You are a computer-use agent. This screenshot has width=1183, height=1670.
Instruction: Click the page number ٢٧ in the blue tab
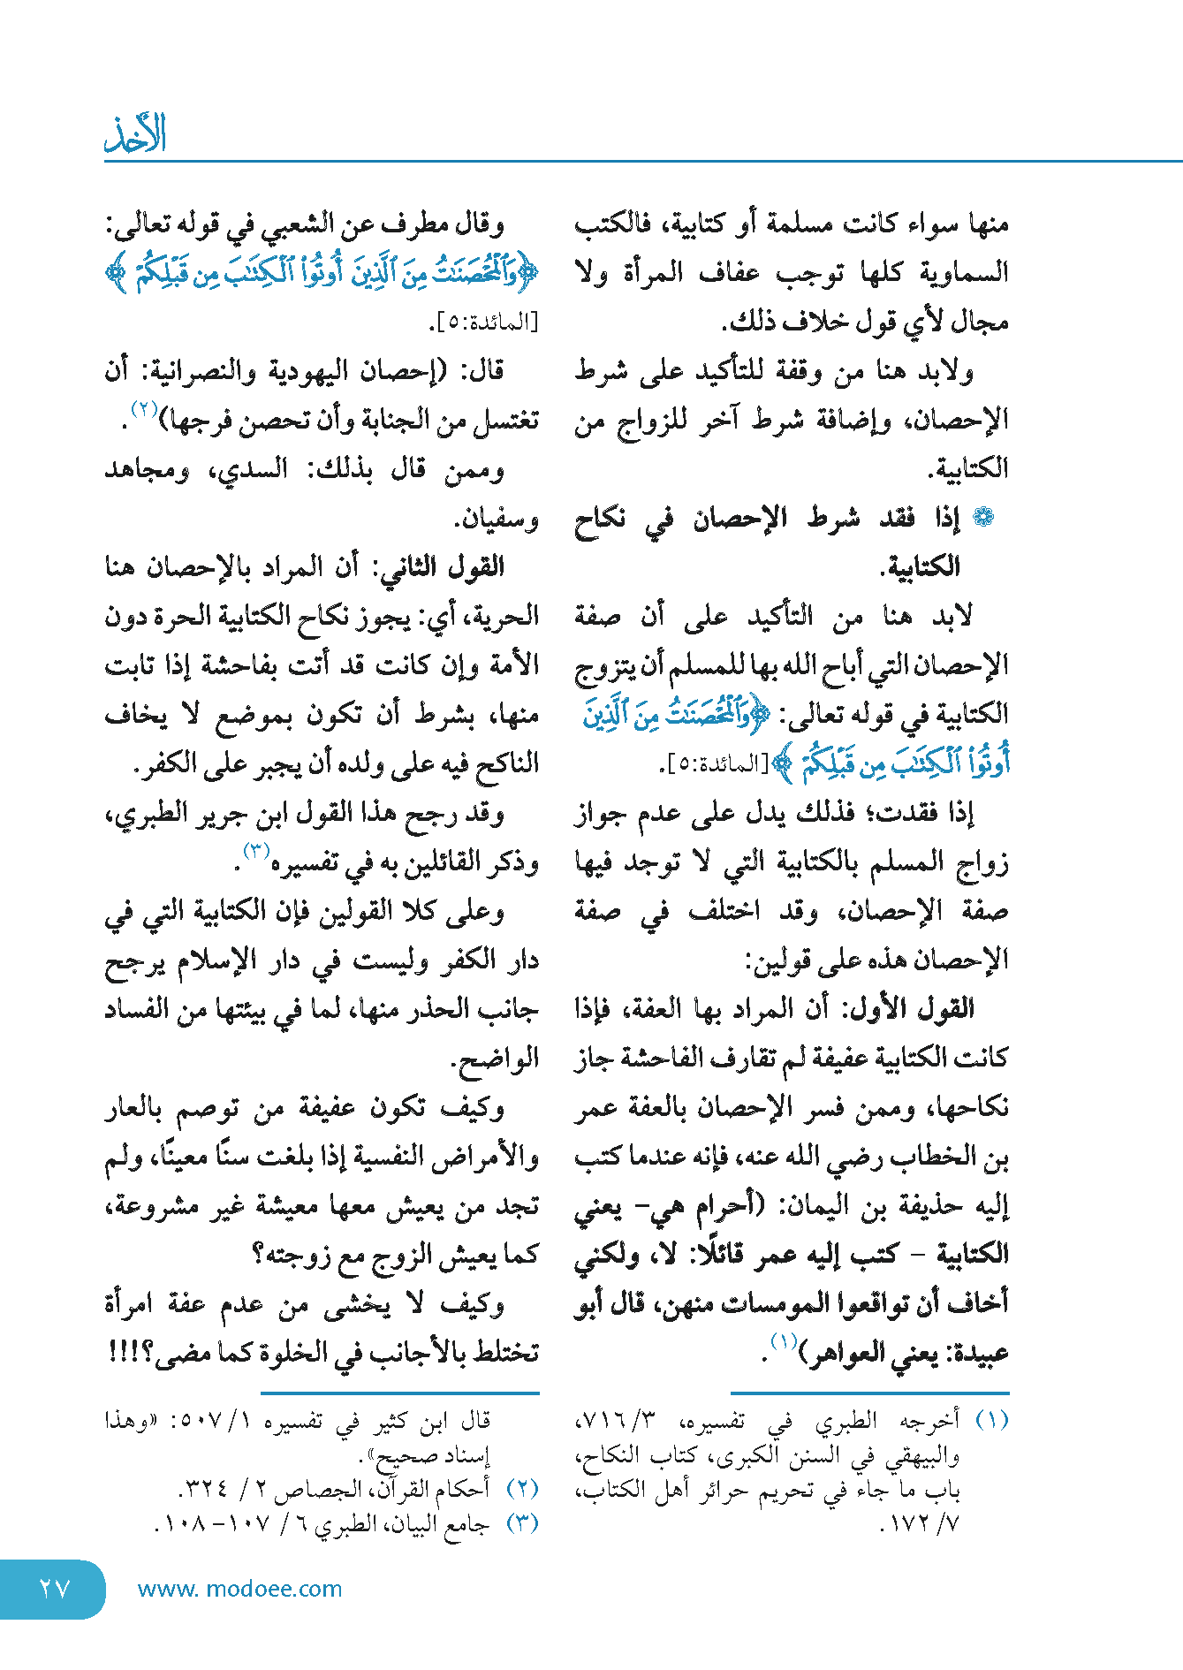[x=54, y=1589]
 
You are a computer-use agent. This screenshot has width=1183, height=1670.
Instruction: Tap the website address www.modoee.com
[x=239, y=1589]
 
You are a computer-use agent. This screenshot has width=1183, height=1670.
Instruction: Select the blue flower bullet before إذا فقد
[x=982, y=518]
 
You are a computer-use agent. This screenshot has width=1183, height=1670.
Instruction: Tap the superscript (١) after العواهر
[x=783, y=1341]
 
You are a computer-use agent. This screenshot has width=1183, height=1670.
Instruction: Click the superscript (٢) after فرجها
[x=143, y=408]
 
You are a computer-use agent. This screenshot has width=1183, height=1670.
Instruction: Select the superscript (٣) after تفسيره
[x=255, y=850]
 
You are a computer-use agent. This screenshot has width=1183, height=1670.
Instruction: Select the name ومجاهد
[x=147, y=469]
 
